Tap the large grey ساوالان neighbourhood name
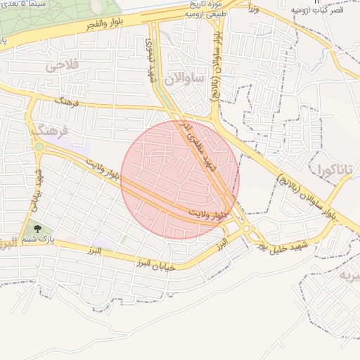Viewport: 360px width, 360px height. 184,79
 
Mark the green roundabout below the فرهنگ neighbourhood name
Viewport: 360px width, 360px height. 40,147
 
